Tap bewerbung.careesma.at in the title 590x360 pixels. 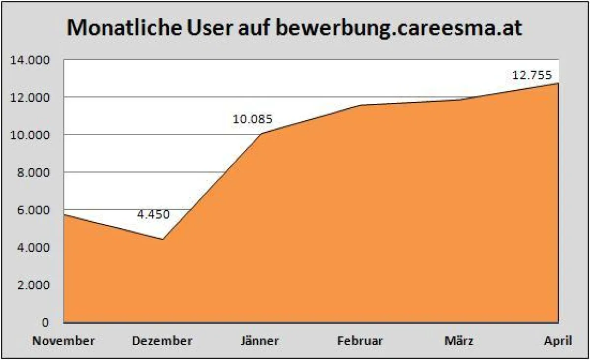(398, 29)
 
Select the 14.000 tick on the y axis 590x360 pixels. (30, 60)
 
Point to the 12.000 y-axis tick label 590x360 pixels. (30, 97)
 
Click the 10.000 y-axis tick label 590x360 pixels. (30, 135)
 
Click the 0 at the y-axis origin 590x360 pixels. (45, 323)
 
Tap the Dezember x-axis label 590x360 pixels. (162, 340)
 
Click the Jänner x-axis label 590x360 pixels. (261, 340)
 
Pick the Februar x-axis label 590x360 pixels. (360, 340)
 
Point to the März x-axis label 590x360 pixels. (459, 340)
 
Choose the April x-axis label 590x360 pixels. (558, 340)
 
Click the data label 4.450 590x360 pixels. (153, 215)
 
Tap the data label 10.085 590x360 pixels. (253, 119)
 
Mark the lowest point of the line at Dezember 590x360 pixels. (163, 240)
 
